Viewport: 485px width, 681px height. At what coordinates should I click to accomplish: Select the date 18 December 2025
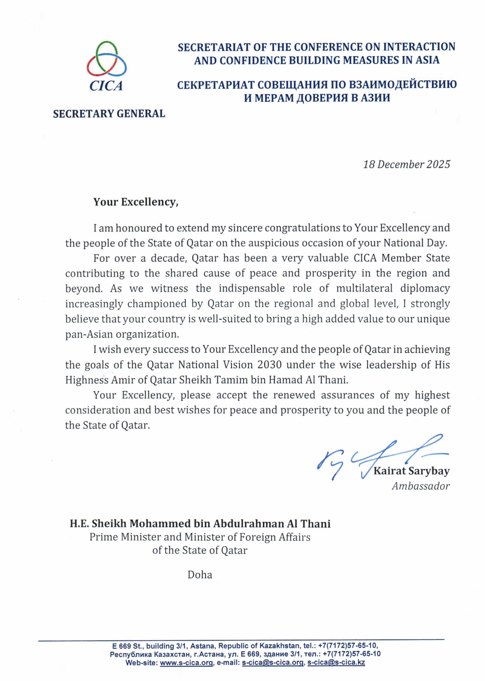pyautogui.click(x=406, y=165)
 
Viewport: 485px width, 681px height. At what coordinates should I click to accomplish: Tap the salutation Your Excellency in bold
pyautogui.click(x=136, y=202)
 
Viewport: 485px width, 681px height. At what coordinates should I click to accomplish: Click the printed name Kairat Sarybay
pyautogui.click(x=411, y=471)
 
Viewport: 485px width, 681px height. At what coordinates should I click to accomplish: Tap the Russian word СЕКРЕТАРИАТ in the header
pyautogui.click(x=216, y=85)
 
